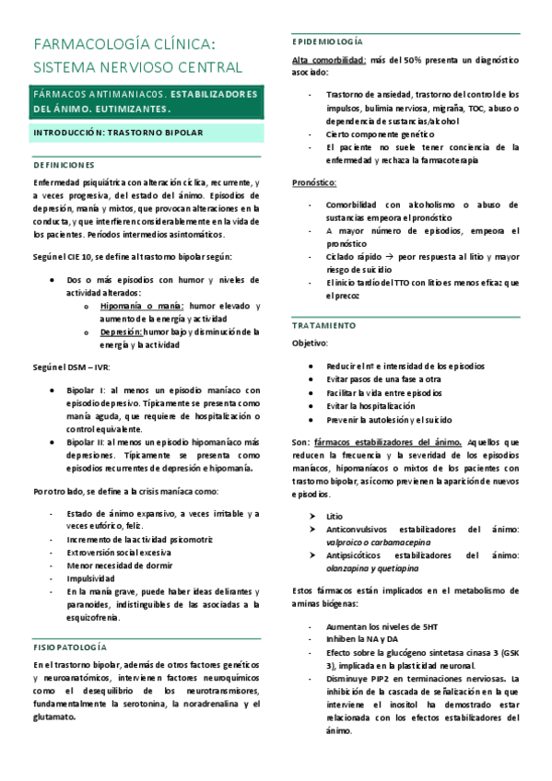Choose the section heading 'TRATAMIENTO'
[x=323, y=326]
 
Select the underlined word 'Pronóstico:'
[x=314, y=183]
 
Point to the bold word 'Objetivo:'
[x=310, y=343]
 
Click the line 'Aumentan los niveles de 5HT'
[x=379, y=626]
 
